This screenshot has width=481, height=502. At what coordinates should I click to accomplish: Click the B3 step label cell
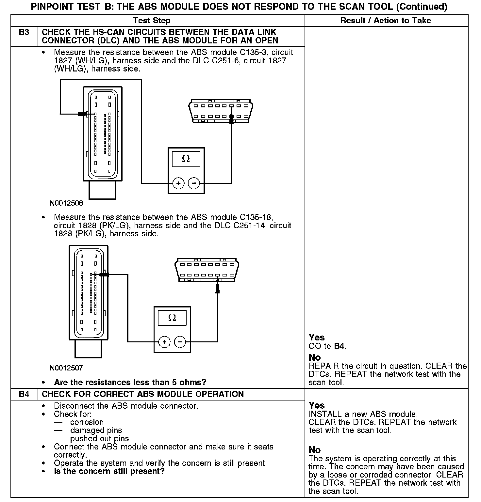point(24,33)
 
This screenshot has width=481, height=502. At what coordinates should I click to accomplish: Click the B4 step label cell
point(24,394)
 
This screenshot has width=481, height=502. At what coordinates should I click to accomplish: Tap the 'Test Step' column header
point(152,21)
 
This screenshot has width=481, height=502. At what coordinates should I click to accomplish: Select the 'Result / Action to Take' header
point(386,21)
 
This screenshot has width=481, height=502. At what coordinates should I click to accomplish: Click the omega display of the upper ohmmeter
point(186,159)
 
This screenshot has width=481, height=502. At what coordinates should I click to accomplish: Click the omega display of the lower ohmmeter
point(172,318)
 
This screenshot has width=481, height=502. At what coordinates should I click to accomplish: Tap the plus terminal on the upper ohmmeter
point(178,183)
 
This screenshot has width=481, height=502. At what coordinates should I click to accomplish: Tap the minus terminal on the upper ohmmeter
point(194,183)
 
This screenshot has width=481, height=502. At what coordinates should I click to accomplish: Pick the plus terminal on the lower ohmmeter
point(164,342)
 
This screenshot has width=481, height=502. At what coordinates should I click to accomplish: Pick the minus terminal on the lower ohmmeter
point(180,342)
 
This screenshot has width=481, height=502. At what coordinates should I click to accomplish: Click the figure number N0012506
point(66,203)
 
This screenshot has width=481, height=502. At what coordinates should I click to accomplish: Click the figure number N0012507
point(66,368)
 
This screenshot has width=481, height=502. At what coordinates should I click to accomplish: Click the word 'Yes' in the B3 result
point(317,337)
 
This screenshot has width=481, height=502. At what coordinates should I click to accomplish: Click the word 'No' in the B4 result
point(315,450)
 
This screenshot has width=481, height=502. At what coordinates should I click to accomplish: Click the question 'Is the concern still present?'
point(109,471)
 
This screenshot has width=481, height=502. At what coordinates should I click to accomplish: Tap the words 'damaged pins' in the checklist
point(96,431)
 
